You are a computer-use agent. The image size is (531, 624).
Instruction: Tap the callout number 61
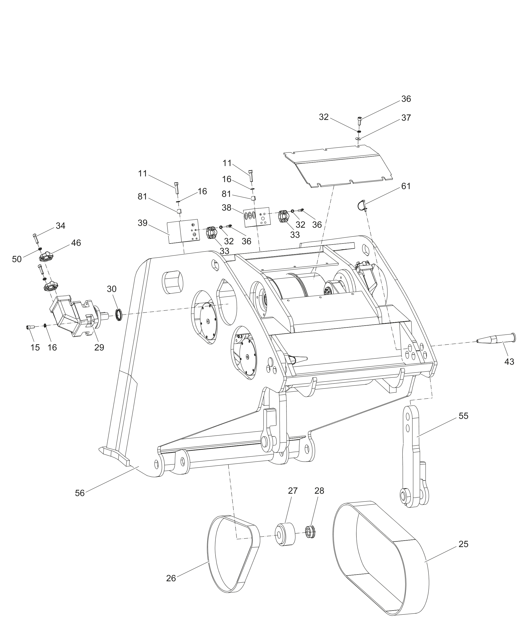point(406,186)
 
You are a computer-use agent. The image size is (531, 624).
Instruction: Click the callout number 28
point(319,491)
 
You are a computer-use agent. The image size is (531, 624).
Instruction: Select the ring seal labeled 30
point(119,314)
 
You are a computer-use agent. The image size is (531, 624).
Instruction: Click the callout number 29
point(99,347)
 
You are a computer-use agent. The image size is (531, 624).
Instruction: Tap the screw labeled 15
point(30,327)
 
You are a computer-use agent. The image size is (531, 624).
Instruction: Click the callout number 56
point(80,493)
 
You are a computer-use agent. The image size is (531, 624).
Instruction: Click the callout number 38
point(227,207)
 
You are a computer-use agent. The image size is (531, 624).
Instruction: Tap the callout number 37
point(406,118)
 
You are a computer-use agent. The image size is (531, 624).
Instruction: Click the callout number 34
point(60,226)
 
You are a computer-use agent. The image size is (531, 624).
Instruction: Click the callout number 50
point(17,259)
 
